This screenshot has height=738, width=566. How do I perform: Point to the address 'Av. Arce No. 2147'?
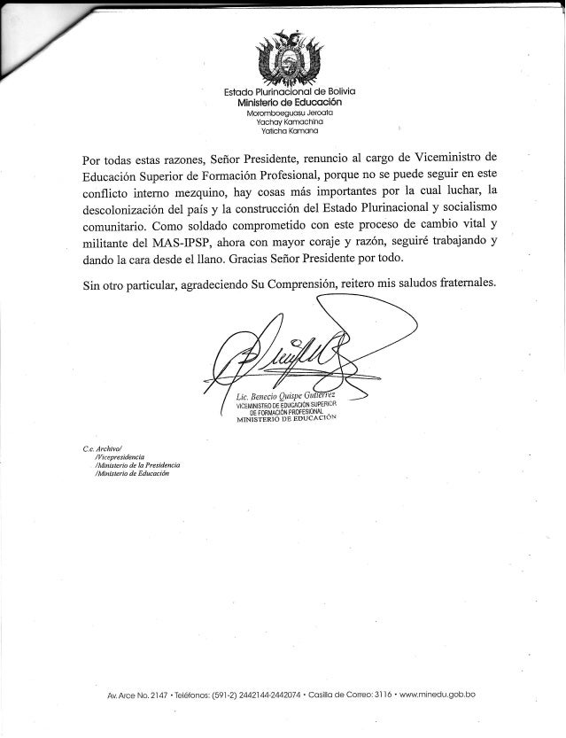point(123,694)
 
